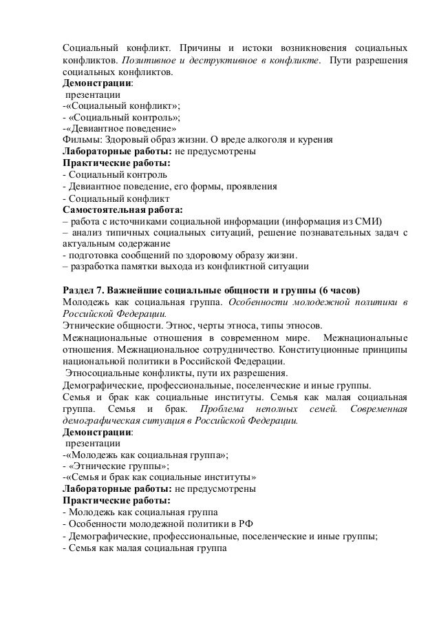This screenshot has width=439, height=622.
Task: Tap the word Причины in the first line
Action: coord(199,50)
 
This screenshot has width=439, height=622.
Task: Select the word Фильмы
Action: coord(78,138)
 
